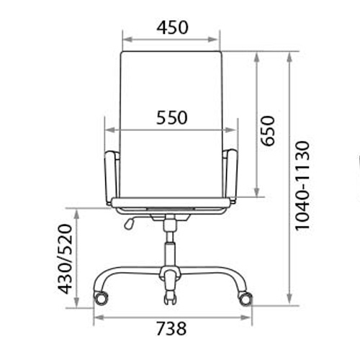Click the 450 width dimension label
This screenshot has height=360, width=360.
tap(172, 27)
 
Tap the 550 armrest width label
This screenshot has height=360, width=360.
tap(172, 117)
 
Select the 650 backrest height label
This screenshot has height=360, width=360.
tap(268, 131)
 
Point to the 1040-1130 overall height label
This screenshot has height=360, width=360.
tap(302, 186)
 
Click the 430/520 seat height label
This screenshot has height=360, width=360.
tap(66, 259)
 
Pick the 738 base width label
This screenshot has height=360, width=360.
tap(171, 328)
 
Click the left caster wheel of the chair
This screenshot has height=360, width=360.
tap(101, 298)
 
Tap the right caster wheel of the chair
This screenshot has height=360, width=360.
tap(245, 299)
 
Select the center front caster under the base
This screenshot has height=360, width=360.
tap(171, 299)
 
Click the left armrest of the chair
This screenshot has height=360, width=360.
tap(111, 177)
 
